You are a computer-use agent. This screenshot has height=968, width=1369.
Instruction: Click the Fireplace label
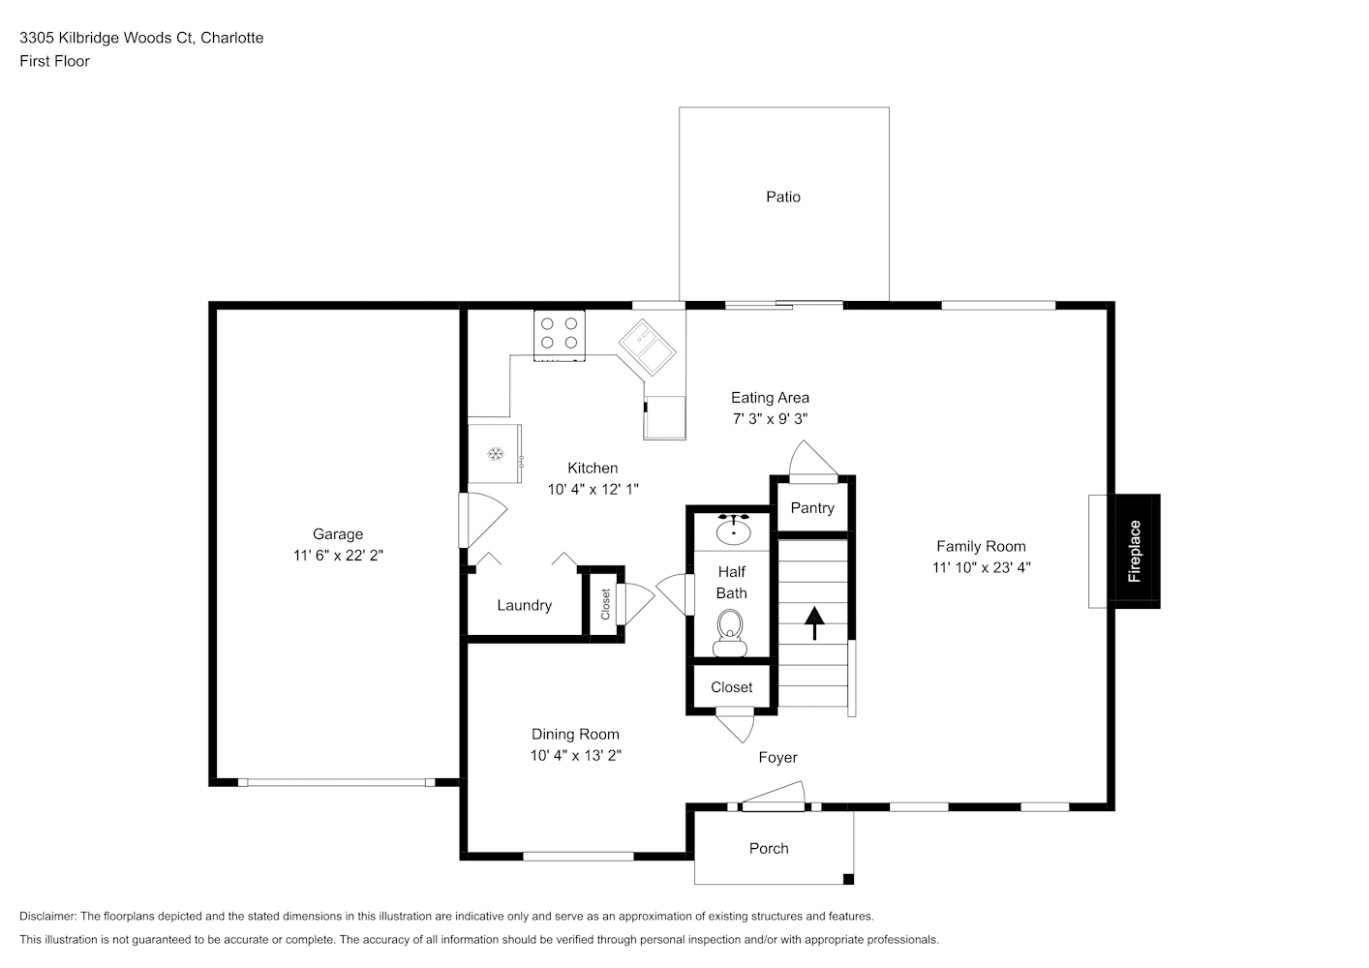1135,551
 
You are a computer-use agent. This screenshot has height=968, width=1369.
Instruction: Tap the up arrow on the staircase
814,622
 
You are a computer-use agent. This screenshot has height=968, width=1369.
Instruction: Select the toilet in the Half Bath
730,632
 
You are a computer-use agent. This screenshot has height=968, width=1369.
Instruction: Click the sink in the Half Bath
734,529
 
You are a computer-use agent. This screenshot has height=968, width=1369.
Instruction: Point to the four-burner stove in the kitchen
560,336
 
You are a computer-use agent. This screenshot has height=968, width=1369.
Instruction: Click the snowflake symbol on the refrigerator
495,453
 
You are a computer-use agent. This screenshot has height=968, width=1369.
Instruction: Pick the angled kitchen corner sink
647,347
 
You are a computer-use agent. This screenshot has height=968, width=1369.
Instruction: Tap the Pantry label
812,508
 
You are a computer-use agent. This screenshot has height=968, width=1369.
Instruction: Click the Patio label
783,197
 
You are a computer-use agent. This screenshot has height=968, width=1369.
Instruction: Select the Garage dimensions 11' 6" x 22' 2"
338,556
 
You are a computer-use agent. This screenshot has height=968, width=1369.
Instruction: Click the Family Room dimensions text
981,567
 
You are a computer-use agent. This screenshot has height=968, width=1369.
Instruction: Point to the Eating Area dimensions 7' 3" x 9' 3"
770,419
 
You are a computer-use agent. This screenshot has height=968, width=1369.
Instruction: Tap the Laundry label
525,606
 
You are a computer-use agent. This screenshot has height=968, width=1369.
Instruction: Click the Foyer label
778,758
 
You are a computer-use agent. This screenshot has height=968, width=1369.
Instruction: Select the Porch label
769,849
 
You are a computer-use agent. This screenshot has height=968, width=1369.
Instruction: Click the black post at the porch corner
848,879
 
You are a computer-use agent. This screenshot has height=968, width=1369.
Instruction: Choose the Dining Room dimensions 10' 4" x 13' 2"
576,756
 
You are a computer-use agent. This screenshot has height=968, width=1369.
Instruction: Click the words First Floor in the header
54,61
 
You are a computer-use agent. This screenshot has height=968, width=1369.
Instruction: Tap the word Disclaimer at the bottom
48,916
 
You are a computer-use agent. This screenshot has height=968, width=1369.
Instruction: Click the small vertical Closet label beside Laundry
606,604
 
